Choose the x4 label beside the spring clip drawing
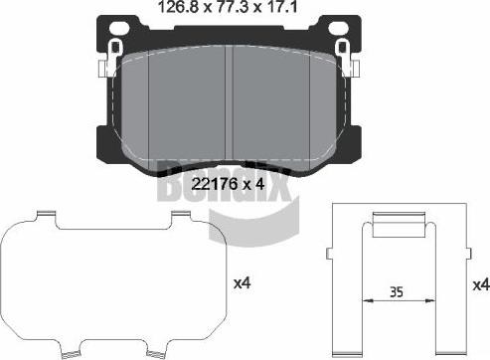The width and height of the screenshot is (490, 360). click(x=480, y=285)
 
